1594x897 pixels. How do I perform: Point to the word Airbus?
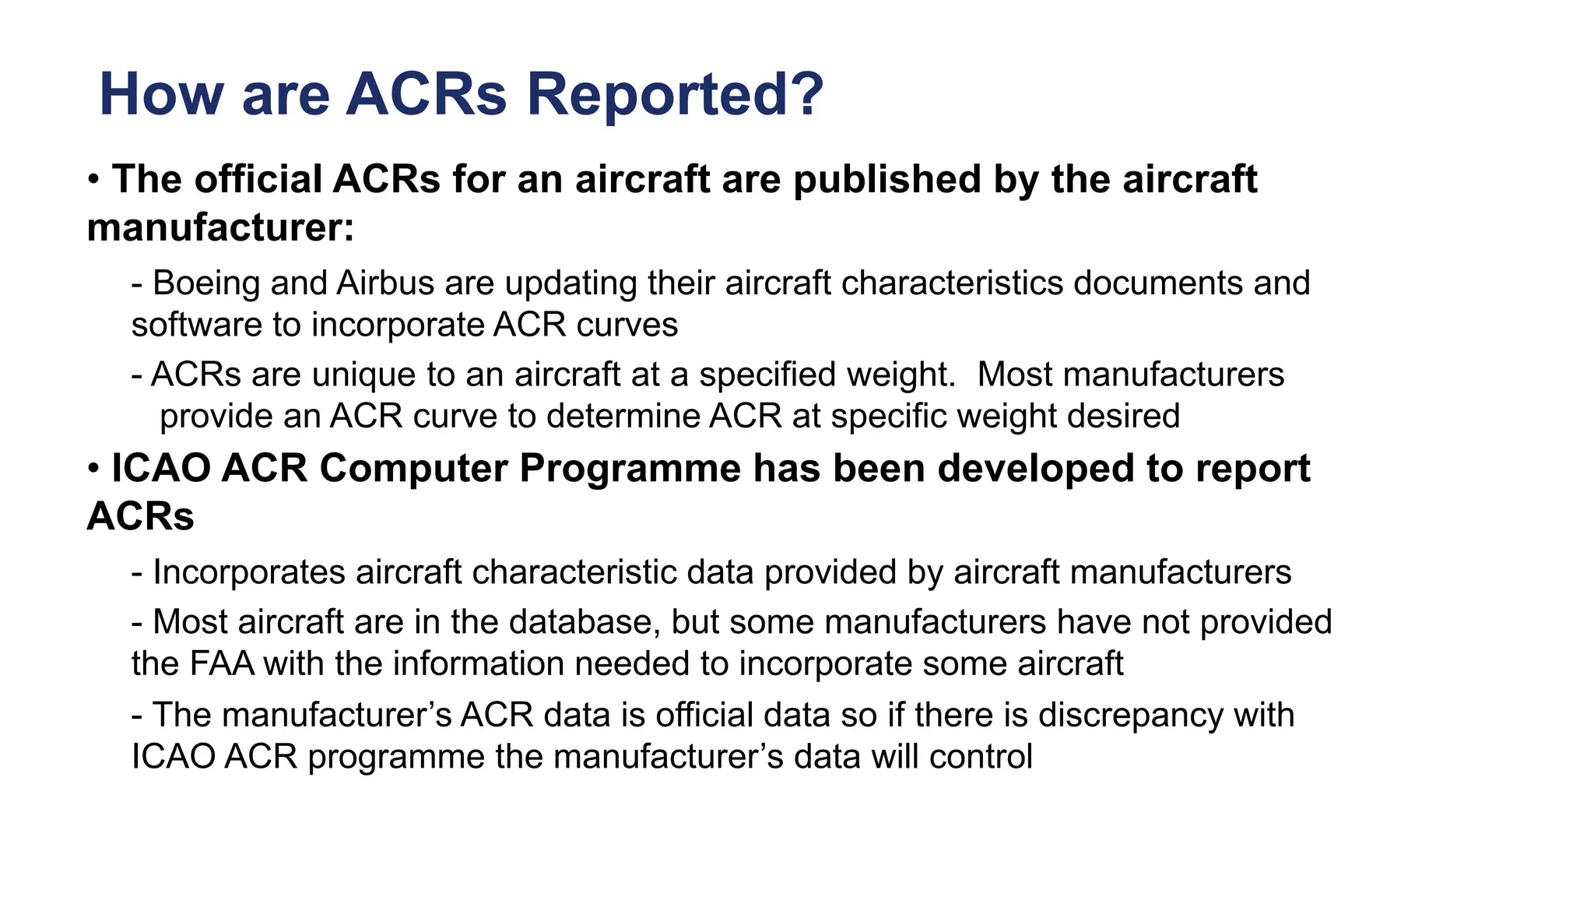[x=385, y=283]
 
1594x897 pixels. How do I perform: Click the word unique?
[x=363, y=375]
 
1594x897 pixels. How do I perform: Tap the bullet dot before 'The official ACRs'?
[x=93, y=180]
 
